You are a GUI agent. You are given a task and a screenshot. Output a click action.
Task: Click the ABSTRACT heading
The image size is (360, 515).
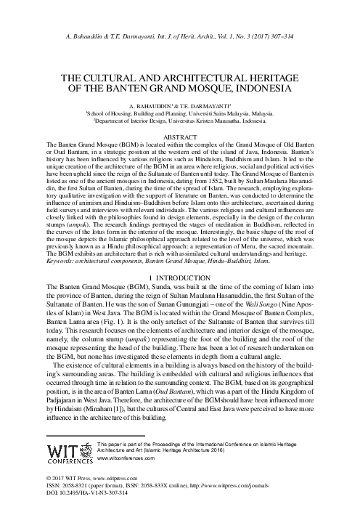pos(179,135)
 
